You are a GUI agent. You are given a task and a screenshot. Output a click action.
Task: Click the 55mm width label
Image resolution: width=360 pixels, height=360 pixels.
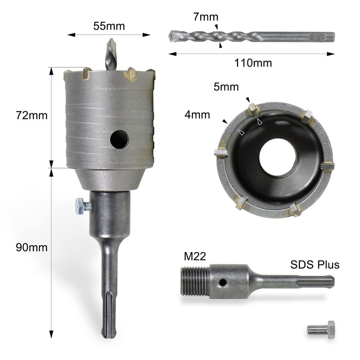coord(109,26)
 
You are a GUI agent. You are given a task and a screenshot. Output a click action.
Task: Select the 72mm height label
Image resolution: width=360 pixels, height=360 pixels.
coord(31,116)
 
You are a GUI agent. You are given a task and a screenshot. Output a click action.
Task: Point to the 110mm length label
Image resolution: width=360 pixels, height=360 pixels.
coord(253,63)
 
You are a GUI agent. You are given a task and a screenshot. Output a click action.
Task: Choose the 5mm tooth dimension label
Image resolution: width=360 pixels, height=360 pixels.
coord(226,86)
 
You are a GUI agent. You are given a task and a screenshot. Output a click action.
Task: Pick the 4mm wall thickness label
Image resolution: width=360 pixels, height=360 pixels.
coord(197,115)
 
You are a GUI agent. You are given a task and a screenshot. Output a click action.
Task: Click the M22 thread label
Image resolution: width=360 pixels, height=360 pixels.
coord(195,257)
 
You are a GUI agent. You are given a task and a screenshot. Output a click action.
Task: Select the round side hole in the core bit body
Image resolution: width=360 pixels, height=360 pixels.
coord(119,140)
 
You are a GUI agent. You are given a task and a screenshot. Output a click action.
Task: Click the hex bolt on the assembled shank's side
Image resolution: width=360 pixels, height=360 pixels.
coord(81,207)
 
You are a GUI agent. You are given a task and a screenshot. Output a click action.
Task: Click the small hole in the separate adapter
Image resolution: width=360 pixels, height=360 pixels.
coord(222,283)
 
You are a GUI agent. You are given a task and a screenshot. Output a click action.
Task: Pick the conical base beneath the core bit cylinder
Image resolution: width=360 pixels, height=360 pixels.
coord(109,179)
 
